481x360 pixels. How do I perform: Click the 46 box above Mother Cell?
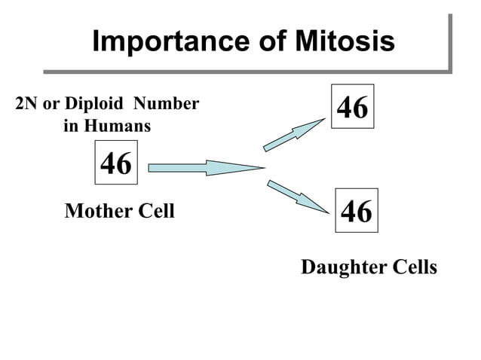point(116,163)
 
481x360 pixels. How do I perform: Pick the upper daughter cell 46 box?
point(352,107)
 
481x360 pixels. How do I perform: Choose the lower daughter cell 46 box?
point(357,211)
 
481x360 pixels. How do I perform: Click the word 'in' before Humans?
point(70,126)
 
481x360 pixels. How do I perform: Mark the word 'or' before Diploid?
point(51,104)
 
